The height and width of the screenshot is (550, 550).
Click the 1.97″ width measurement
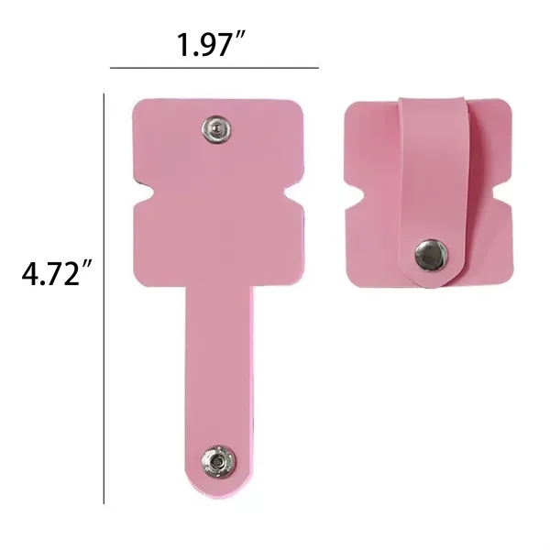[x=214, y=44]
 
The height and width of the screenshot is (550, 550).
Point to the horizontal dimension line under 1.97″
[x=214, y=68]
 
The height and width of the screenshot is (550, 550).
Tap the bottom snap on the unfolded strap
[x=218, y=456]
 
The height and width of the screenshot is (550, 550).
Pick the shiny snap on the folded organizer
[x=427, y=253]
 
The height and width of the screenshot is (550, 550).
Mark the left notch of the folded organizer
[x=352, y=195]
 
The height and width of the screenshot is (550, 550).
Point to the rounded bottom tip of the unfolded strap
[x=217, y=490]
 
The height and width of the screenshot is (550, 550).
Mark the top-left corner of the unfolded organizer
[x=137, y=104]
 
